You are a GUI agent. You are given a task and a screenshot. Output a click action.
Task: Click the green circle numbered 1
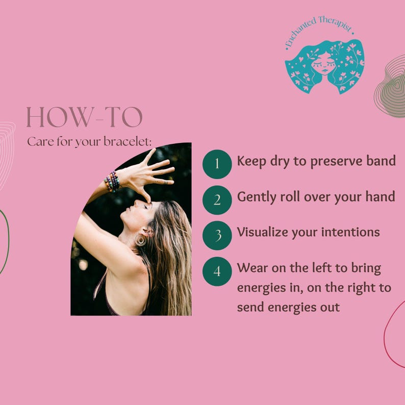(217, 164)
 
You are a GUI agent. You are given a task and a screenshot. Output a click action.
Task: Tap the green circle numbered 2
(217, 200)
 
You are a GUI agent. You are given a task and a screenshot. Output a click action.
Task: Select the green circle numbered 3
(217, 235)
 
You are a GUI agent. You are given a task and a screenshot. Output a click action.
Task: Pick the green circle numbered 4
(217, 271)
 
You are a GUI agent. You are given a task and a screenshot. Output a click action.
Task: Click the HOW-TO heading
(84, 117)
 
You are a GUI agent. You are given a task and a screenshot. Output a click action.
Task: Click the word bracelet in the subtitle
(127, 141)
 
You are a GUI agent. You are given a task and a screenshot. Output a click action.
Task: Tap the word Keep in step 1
(251, 161)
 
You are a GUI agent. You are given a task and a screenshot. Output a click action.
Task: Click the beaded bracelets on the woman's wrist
(112, 181)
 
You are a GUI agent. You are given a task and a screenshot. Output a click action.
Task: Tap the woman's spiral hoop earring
(140, 240)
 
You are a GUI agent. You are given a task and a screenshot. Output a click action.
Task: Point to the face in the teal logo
(323, 64)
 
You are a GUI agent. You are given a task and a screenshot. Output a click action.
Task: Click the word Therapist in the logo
(336, 24)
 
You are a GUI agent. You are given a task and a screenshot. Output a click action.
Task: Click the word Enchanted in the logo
(300, 32)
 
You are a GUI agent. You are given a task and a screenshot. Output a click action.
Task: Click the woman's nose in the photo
(136, 202)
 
